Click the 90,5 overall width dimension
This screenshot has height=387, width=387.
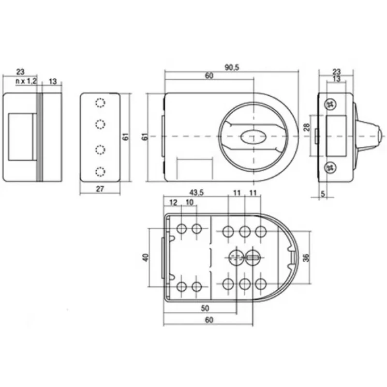tap(232, 67)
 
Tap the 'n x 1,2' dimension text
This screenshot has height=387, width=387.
tap(26, 81)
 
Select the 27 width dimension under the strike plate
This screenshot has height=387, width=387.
tap(100, 189)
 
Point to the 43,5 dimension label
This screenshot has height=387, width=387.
tap(196, 193)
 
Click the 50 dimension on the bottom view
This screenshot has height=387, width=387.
tap(205, 308)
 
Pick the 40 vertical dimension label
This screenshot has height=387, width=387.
tap(146, 257)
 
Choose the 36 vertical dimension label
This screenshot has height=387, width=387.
tap(306, 258)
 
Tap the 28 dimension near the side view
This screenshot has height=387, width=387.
tap(307, 127)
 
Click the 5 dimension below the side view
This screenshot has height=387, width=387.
tap(323, 194)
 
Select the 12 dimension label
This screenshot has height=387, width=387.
tap(174, 202)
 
